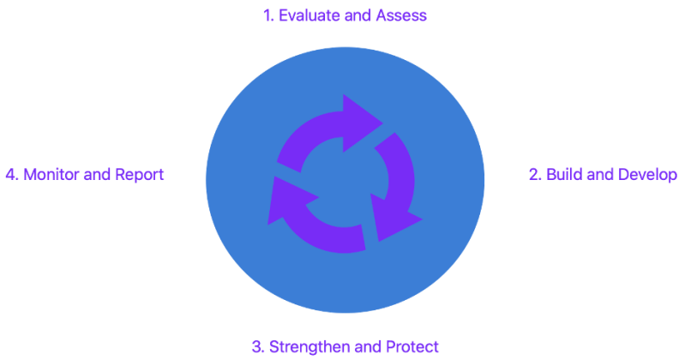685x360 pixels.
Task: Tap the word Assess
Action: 401,15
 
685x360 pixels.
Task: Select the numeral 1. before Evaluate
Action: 267,15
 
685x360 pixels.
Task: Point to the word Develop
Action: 648,175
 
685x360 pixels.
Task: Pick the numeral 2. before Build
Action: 535,174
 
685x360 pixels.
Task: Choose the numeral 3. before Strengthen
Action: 257,346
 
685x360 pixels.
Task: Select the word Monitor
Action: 51,174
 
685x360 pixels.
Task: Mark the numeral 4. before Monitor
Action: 11,174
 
